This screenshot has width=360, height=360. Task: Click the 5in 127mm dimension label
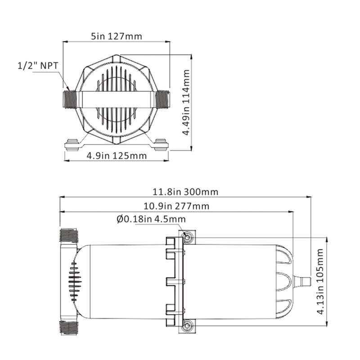(x=117, y=36)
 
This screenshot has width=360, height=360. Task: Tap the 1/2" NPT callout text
(x=38, y=66)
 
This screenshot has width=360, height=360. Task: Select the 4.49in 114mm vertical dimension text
(x=186, y=103)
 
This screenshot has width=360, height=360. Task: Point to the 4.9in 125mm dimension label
(x=117, y=156)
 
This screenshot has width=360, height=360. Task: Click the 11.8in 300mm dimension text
(x=185, y=192)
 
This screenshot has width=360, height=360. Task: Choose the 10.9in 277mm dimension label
(x=176, y=206)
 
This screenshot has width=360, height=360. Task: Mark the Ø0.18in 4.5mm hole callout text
(x=151, y=219)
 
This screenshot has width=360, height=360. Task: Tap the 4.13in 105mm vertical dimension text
(x=320, y=281)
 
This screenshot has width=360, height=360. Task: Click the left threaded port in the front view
(x=70, y=99)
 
